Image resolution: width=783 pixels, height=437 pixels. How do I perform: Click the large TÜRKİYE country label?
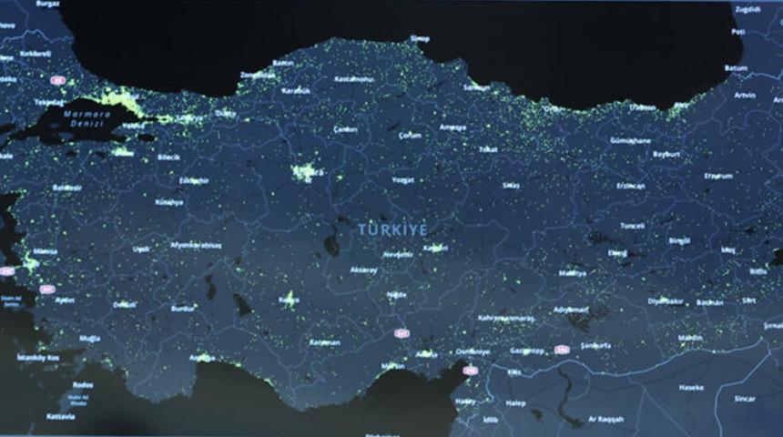click(392, 229)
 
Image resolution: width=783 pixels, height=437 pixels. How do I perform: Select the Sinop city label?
click(420, 38)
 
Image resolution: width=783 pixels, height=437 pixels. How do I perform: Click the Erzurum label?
click(718, 175)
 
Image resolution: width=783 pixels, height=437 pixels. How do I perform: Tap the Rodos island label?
click(83, 384)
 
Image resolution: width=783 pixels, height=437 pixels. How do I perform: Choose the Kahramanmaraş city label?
click(505, 318)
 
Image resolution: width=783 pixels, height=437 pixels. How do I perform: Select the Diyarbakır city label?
click(665, 300)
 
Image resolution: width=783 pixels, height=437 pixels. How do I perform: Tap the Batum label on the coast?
click(736, 67)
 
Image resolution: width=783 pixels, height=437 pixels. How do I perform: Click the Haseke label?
click(691, 387)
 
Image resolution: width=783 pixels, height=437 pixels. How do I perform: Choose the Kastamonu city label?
click(355, 80)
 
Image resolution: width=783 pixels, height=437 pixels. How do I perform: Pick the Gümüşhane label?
click(630, 141)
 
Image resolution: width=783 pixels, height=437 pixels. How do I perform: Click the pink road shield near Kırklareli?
click(57, 80)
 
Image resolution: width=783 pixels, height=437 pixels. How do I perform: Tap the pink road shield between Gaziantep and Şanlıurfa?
click(562, 350)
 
